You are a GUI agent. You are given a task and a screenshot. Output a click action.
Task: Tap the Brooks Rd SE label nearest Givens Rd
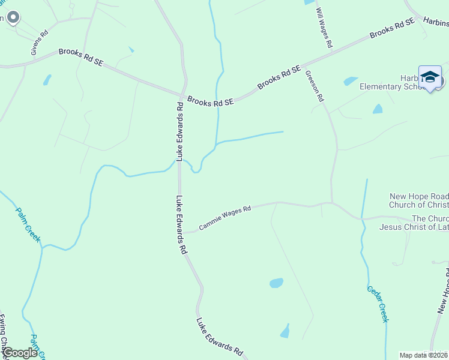coord(80,59)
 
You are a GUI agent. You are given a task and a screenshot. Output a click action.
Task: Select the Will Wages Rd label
coord(324,28)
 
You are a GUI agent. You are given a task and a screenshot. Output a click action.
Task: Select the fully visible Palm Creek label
coord(28,224)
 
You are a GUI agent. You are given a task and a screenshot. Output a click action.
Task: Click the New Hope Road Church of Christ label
coord(419,200)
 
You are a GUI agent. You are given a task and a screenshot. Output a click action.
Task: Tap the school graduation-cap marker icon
coord(430,77)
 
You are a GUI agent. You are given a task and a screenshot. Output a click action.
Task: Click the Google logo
coord(20,353)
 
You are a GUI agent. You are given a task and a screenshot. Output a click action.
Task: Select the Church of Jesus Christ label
coord(414,223)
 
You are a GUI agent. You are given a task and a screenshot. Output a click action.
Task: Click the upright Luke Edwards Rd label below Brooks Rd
coord(179,131)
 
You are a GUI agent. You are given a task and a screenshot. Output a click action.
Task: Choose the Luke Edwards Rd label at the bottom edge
coord(220,337)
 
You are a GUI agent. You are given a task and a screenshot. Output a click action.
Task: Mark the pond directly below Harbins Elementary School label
coord(377,109)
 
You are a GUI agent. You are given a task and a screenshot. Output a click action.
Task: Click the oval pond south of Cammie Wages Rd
coord(276,283)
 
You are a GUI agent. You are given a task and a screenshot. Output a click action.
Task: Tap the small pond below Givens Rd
coord(47,79)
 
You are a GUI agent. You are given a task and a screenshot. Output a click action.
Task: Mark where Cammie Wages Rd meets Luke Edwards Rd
coord(181,233)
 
